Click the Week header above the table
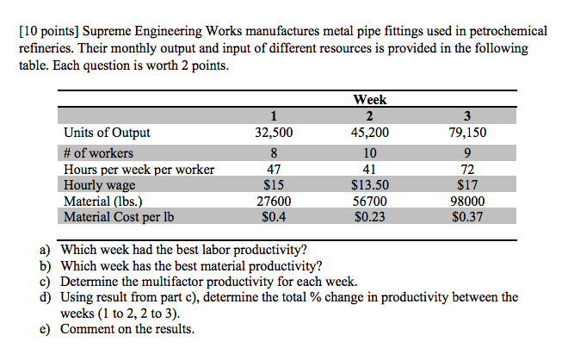pos(369,100)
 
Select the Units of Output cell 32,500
pos(274,133)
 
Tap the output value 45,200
pos(369,133)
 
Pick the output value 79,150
pos(466,133)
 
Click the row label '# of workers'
pos(98,152)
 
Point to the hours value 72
pos(466,169)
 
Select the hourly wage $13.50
pos(369,184)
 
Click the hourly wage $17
pos(466,184)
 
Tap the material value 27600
pos(274,201)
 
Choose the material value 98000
pos(466,201)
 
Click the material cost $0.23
pos(369,217)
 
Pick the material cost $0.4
pos(274,217)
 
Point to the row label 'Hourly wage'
pos(99,184)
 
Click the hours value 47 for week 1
pos(274,169)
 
